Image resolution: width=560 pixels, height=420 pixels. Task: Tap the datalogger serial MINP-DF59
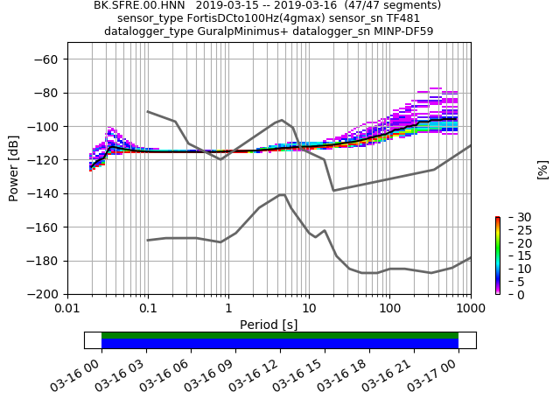(x=402, y=31)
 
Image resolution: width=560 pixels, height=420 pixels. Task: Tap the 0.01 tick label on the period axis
(x=67, y=309)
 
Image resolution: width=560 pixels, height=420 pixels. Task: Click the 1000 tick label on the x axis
(x=470, y=309)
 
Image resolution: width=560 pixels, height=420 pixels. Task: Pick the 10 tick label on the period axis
(x=309, y=309)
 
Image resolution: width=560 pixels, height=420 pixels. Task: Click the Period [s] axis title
(x=269, y=325)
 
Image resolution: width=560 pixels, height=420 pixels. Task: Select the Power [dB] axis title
(x=14, y=168)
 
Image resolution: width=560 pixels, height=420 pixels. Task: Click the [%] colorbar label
(x=542, y=169)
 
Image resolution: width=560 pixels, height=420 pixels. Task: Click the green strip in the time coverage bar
(x=280, y=335)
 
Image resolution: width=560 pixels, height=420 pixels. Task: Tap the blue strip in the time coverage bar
(x=280, y=344)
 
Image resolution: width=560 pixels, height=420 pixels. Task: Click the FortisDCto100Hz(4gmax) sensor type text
(x=259, y=18)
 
